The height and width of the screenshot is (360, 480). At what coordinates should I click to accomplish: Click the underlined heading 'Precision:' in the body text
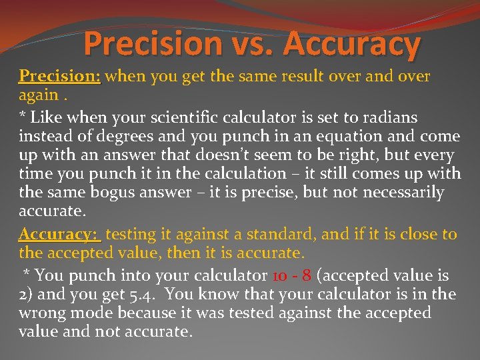(59, 76)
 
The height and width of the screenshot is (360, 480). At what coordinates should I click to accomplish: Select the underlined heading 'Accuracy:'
(59, 234)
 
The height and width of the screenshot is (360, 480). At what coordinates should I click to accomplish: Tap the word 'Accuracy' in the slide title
(353, 45)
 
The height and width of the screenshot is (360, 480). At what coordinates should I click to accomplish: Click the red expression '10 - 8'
(291, 275)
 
